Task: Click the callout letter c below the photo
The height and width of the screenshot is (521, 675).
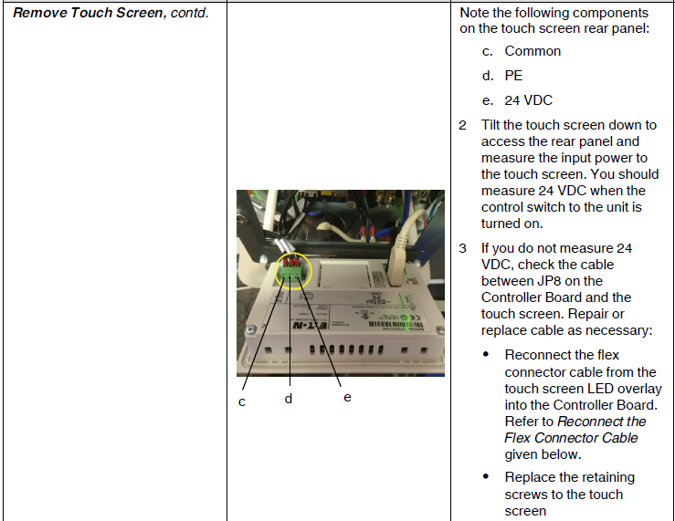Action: tap(242, 401)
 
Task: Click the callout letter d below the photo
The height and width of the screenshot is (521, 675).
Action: tap(288, 399)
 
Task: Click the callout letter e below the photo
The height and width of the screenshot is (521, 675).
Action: tap(347, 397)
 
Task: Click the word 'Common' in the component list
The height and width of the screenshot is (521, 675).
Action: tap(533, 51)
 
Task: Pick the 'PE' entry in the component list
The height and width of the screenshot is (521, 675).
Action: tap(513, 76)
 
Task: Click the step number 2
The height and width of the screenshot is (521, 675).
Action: tap(463, 125)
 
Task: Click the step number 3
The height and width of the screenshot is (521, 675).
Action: tap(463, 248)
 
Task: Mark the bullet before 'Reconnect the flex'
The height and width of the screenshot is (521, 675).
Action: tap(487, 355)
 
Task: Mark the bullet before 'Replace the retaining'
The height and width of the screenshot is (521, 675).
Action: tap(487, 478)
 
